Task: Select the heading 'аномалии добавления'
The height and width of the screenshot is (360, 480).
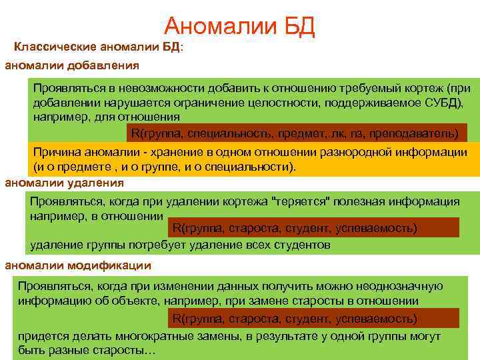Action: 72,65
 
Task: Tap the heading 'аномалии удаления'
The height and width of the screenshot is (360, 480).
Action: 64,183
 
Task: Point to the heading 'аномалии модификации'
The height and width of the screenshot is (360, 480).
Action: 78,265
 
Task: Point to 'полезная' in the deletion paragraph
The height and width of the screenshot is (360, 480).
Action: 360,202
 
